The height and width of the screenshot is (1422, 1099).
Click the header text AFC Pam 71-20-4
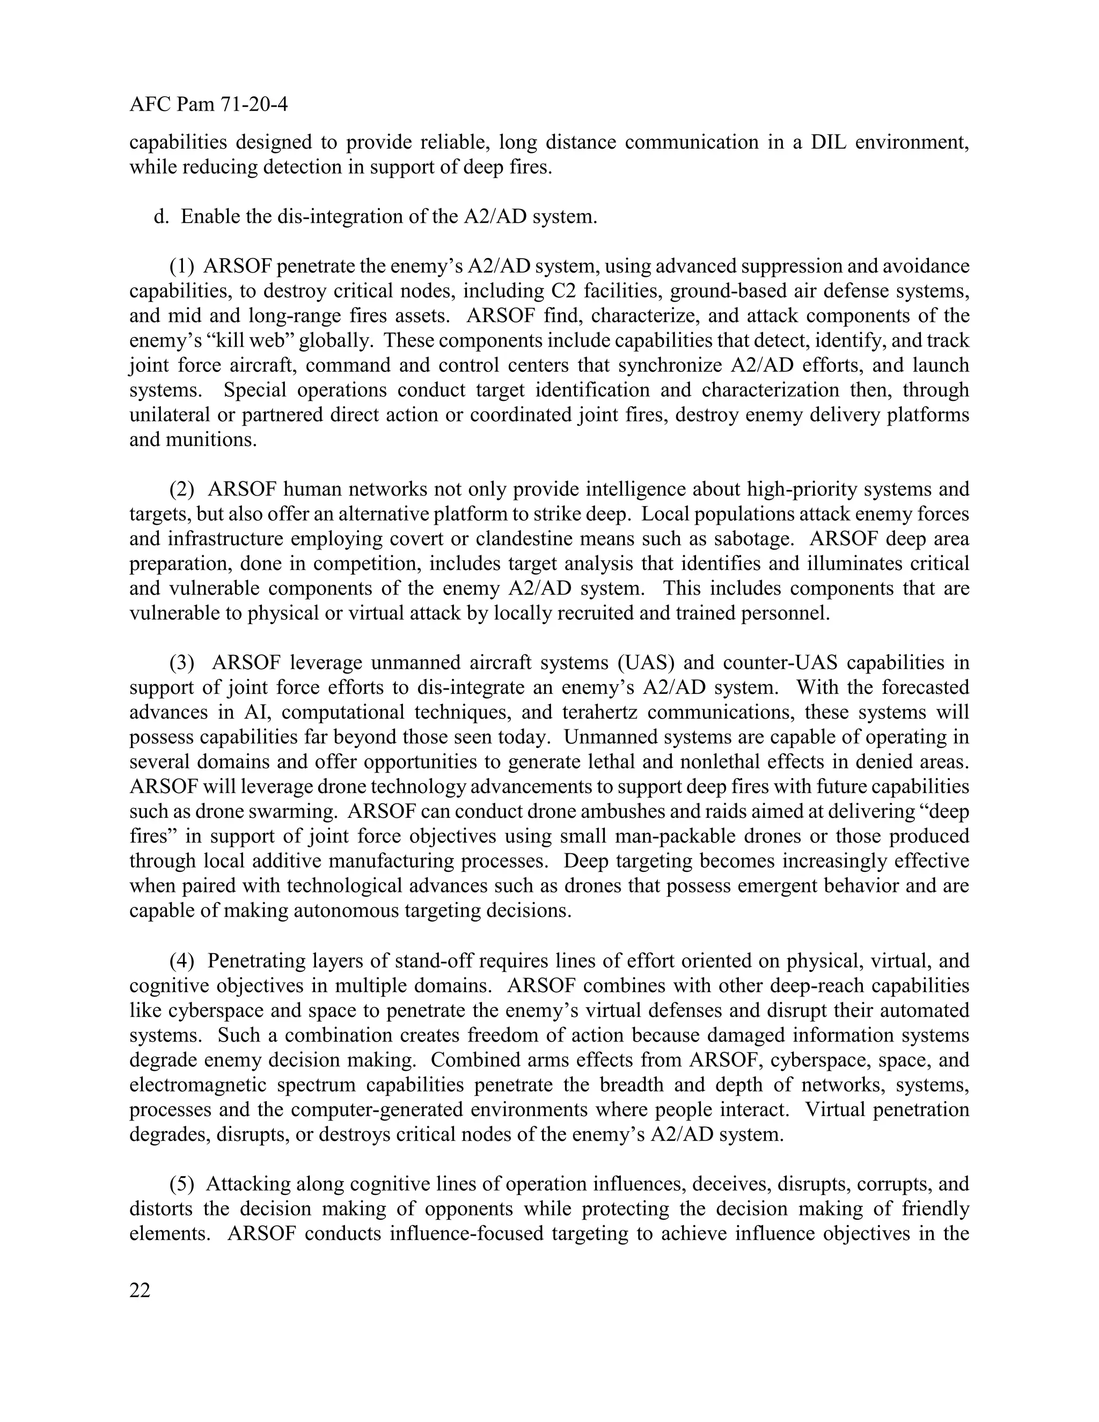click(208, 104)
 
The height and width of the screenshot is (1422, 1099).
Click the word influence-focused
click(466, 1233)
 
